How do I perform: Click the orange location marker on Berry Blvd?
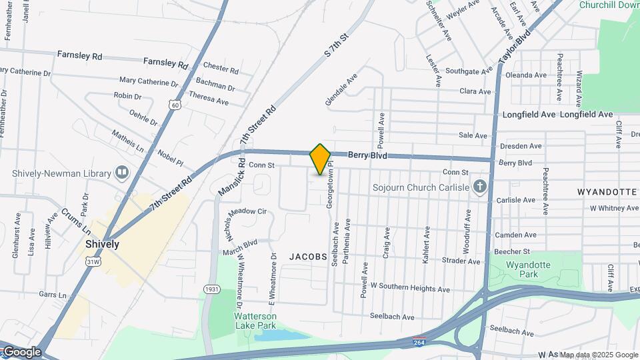[x=320, y=159]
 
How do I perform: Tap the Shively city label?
[x=103, y=244]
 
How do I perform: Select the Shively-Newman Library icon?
[x=122, y=173]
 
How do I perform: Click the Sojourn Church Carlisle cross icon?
[x=479, y=187]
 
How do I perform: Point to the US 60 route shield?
[x=174, y=105]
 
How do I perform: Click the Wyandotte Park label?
[x=528, y=269]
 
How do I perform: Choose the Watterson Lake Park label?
[x=255, y=320]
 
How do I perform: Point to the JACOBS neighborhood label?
[x=308, y=256]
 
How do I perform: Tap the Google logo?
[x=21, y=352]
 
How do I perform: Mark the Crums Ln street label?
[x=75, y=221]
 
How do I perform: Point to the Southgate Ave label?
[x=469, y=71]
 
